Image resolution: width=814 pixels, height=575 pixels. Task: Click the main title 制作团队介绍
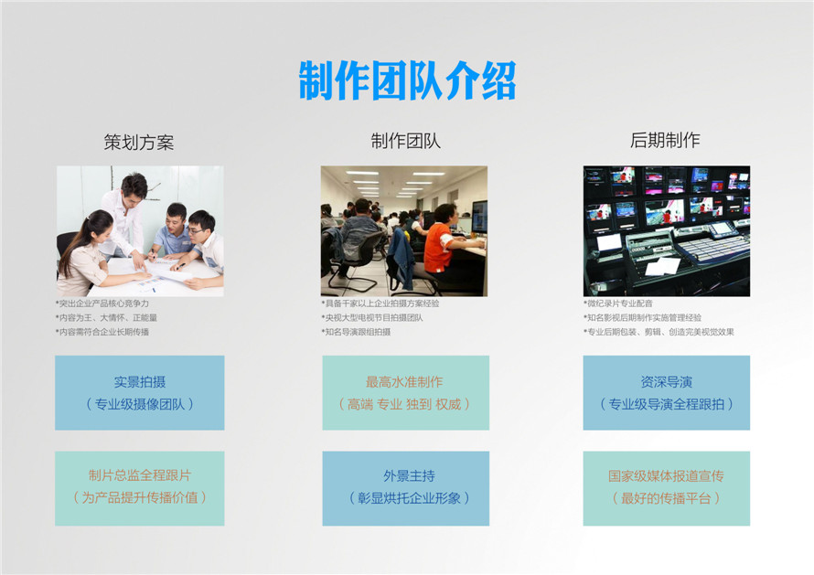tap(408, 80)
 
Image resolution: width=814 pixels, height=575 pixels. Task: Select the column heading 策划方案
tap(139, 142)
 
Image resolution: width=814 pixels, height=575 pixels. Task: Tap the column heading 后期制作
tap(665, 140)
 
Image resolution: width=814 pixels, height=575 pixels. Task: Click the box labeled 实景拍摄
tap(140, 393)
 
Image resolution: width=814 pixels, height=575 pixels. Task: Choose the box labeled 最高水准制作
tap(405, 393)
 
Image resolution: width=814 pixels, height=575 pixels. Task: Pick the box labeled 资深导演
tap(667, 393)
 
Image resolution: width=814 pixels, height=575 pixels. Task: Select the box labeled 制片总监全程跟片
tap(140, 488)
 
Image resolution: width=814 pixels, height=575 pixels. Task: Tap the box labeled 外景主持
tap(405, 488)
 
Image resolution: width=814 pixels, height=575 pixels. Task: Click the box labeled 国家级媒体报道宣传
tap(667, 488)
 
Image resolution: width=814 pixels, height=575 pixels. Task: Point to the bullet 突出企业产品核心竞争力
tap(102, 303)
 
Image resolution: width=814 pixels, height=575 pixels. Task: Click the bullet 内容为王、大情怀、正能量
tap(106, 317)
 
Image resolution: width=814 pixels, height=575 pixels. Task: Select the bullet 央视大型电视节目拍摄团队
tap(372, 317)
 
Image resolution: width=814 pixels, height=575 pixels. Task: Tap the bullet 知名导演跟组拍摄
tap(356, 332)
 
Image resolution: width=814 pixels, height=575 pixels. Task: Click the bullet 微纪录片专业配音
tap(618, 303)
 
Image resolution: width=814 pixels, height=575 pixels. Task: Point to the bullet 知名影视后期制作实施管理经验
tap(643, 317)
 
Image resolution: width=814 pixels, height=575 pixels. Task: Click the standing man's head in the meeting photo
tap(134, 186)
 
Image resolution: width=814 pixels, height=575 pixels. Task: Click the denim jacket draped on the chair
tap(402, 260)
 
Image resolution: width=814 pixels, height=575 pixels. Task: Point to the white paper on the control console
tap(663, 266)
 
